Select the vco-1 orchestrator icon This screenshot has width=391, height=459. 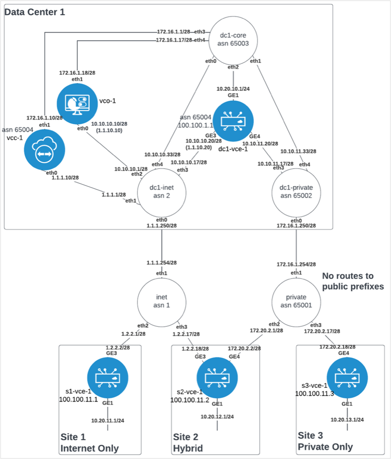point(78,104)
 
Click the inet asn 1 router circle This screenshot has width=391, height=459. point(161,301)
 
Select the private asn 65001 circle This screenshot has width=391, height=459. point(296,301)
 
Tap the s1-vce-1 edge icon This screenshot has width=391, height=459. point(108,377)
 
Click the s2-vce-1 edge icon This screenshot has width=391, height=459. point(217,377)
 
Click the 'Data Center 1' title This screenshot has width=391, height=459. point(35,12)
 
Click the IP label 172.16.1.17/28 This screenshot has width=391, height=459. point(174,40)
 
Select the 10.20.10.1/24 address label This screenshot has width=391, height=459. point(233,89)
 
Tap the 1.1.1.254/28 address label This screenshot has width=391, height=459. point(162,263)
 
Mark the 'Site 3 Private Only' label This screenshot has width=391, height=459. point(325,441)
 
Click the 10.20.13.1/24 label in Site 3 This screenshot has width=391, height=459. point(347,420)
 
